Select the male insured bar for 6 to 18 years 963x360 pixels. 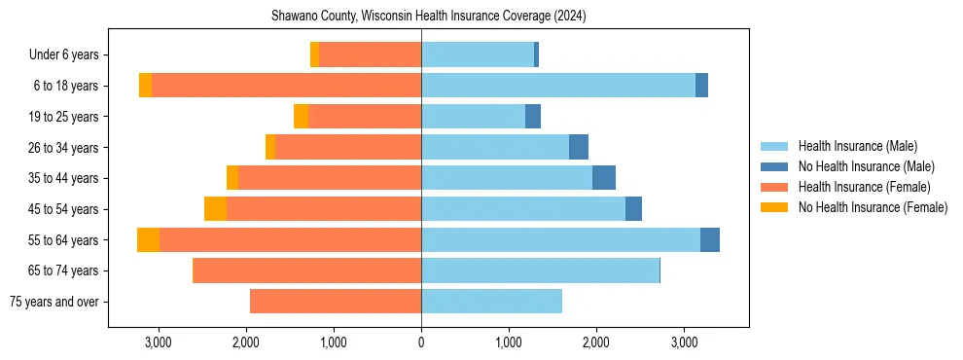pos(557,86)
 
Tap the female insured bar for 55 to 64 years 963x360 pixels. pos(290,239)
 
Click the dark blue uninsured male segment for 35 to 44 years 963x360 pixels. pos(604,178)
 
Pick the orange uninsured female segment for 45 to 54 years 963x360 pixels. pos(215,209)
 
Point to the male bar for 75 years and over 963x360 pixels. pos(491,302)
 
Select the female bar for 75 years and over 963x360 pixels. pos(336,302)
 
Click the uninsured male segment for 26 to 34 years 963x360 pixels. pos(579,147)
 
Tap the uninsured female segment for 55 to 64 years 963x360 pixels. pos(148,239)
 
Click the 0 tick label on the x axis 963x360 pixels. pos(421,342)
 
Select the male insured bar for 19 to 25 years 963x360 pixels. pos(473,117)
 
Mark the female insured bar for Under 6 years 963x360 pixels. pos(370,55)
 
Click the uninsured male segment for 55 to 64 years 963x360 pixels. pos(710,239)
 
